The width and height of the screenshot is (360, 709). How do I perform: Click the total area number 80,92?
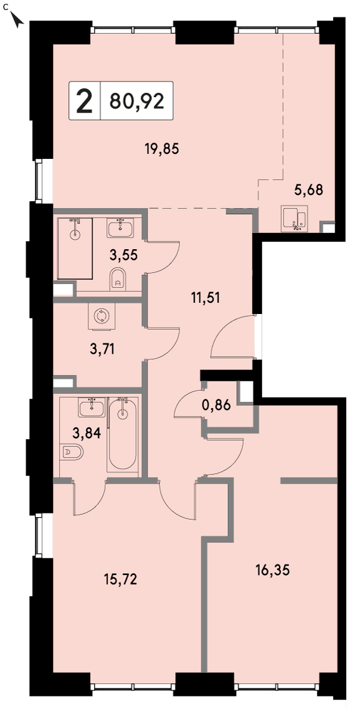pos(136,102)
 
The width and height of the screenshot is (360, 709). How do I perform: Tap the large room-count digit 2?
pos(84,101)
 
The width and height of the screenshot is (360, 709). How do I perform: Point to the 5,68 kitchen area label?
pos(309,190)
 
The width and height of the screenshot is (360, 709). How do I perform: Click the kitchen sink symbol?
pos(295,219)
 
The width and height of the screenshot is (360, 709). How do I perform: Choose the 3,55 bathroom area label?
pos(123,255)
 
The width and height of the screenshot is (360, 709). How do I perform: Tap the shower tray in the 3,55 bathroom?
pos(75,248)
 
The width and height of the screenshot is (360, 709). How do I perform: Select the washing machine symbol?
pos(102,315)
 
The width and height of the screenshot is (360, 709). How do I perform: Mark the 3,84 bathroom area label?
pos(87,433)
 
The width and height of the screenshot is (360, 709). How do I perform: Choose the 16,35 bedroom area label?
pos(272,569)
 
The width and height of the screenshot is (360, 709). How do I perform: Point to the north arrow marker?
pos(17,20)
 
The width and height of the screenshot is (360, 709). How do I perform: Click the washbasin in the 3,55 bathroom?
pos(120,227)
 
